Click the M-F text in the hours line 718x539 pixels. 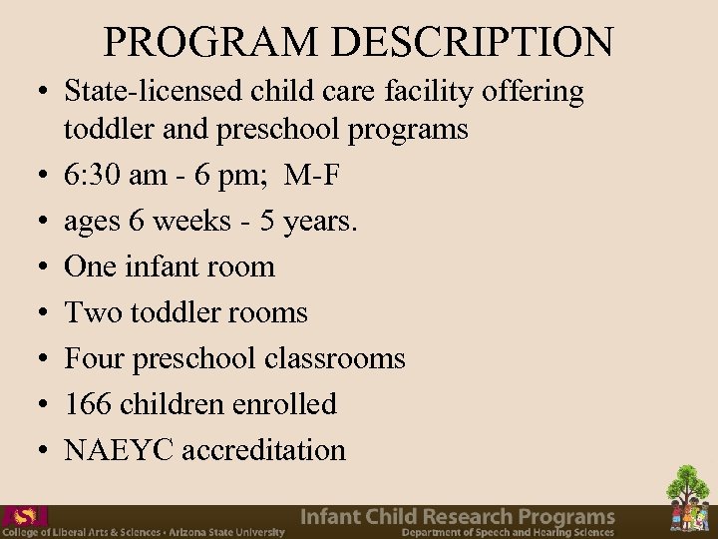pos(312,177)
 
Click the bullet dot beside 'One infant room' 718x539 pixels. pos(36,268)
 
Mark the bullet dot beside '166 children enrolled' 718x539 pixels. pos(36,405)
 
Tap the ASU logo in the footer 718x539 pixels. pos(24,516)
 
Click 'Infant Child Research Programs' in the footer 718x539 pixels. pos(458,516)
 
